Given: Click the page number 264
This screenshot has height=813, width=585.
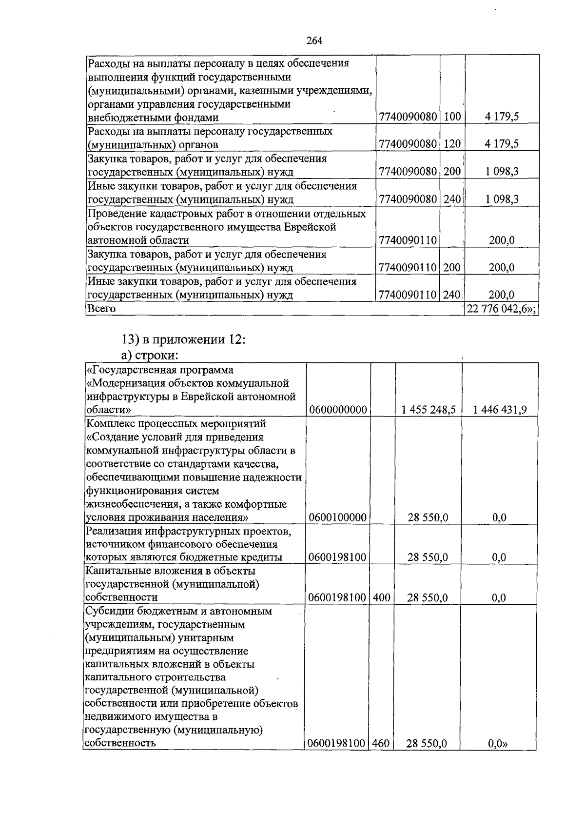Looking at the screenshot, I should coord(314,40).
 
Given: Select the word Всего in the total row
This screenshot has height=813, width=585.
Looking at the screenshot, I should coord(101,309).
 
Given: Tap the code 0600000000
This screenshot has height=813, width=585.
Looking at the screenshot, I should coord(338,410).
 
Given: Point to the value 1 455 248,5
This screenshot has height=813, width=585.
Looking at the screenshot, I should coord(429,410).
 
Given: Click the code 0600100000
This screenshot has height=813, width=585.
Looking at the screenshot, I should coord(338,517).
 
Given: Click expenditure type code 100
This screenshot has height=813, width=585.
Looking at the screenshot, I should coord(452,117).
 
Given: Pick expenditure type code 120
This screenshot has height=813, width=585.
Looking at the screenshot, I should coord(452,144).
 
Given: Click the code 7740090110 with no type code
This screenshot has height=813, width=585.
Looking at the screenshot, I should coord(408,240).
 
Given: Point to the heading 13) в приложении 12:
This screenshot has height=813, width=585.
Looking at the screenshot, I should coord(183,339).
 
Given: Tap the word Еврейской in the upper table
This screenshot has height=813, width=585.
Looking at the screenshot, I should coord(314,227).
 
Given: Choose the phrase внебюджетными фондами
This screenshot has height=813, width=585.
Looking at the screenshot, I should coord(153,118).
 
